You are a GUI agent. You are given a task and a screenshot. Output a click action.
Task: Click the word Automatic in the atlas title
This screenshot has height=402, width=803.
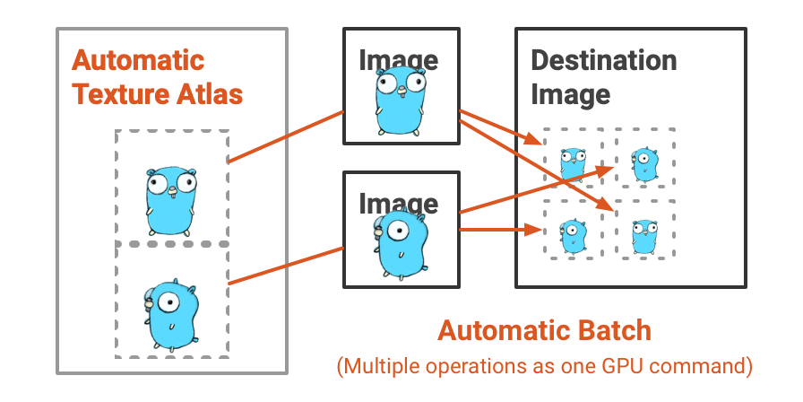138,61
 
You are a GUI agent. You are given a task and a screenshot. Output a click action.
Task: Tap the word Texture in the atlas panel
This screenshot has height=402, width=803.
113,93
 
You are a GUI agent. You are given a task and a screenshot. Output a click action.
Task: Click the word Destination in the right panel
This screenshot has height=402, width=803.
603,61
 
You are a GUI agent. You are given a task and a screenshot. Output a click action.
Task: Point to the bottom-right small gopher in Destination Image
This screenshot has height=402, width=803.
644,236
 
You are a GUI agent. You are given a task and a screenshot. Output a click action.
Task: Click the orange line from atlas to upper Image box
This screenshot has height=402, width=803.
287,137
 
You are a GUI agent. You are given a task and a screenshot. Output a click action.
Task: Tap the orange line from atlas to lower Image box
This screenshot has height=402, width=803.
287,265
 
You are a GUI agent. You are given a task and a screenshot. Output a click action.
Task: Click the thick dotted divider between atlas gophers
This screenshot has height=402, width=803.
171,244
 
